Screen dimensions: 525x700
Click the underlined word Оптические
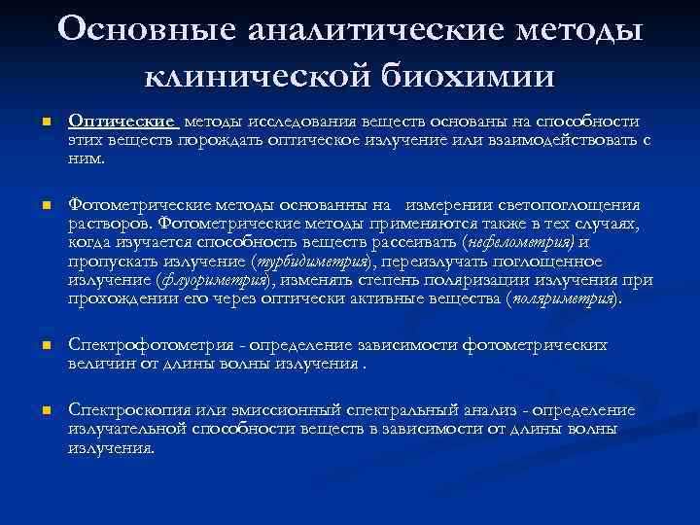point(122,122)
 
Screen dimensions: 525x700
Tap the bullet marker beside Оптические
point(32,122)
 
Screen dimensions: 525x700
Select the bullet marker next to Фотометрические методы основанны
point(32,206)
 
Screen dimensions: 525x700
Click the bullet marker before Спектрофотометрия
point(32,345)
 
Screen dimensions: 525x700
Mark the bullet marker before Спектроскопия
point(32,410)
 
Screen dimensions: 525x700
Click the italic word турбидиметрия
point(313,261)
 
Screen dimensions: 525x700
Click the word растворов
point(106,224)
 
